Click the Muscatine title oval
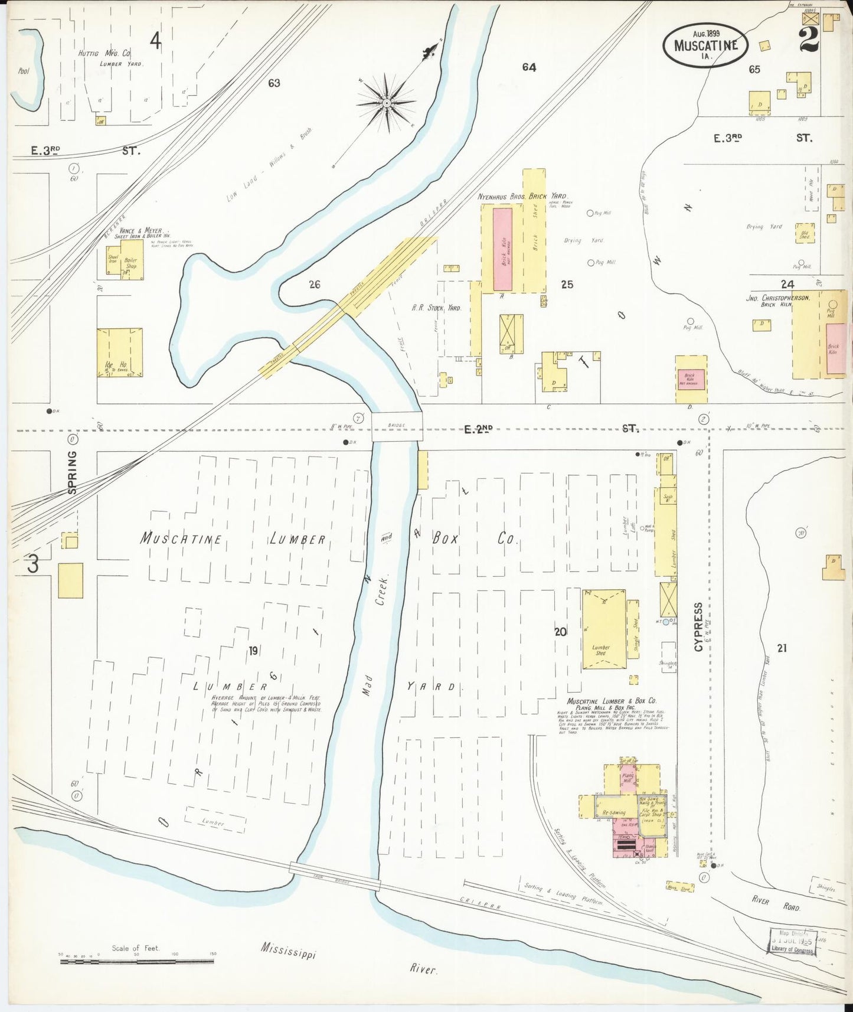click(705, 45)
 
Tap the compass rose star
click(386, 103)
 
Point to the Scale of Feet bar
click(136, 961)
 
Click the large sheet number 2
click(808, 40)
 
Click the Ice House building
click(120, 352)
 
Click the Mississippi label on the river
click(289, 951)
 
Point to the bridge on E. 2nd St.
click(397, 426)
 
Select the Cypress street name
click(699, 627)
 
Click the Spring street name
click(72, 472)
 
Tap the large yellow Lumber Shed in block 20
click(604, 629)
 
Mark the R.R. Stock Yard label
click(436, 308)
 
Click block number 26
click(315, 285)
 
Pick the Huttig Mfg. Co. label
click(105, 53)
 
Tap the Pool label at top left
click(24, 71)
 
